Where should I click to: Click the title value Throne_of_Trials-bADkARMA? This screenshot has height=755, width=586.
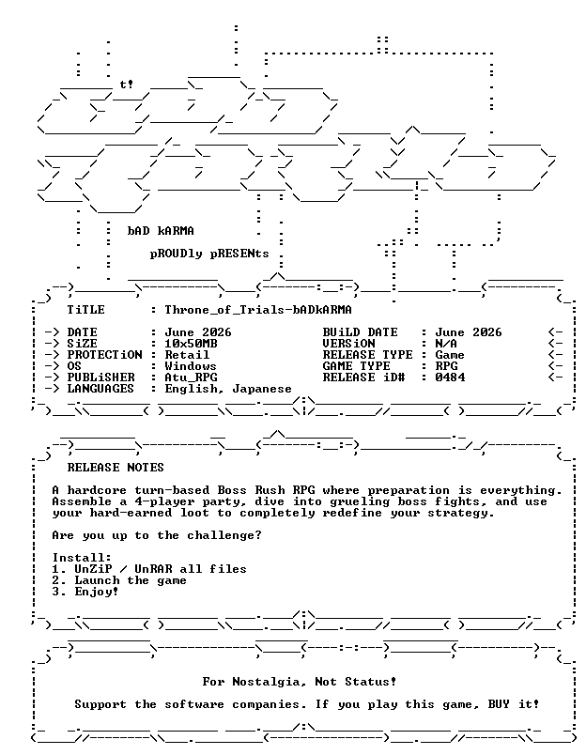tap(258, 310)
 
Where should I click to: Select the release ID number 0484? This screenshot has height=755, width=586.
tap(450, 377)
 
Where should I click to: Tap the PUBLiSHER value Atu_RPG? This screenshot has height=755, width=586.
tap(192, 377)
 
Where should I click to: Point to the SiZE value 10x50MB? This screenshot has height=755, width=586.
tap(192, 344)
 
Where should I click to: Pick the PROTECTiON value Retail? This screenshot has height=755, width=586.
tap(187, 355)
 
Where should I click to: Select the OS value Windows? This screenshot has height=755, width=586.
tap(191, 366)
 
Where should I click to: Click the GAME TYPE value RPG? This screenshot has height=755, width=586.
tap(446, 366)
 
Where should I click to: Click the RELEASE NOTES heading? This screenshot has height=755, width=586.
tap(116, 468)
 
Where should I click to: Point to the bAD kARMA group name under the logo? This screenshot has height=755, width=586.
tap(161, 231)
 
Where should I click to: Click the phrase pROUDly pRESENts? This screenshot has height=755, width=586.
tap(209, 254)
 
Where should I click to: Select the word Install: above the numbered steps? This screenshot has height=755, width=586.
tap(82, 558)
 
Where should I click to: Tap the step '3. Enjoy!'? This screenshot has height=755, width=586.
tap(85, 592)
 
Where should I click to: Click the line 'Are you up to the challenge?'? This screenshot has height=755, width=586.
tap(157, 535)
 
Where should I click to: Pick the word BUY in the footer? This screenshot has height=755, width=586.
tap(499, 704)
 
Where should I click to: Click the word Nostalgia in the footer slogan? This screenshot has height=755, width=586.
tap(270, 682)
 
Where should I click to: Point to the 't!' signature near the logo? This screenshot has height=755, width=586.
tap(127, 85)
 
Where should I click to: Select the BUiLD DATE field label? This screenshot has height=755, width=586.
tap(361, 332)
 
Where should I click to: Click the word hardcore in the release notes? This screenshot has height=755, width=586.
tap(97, 490)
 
